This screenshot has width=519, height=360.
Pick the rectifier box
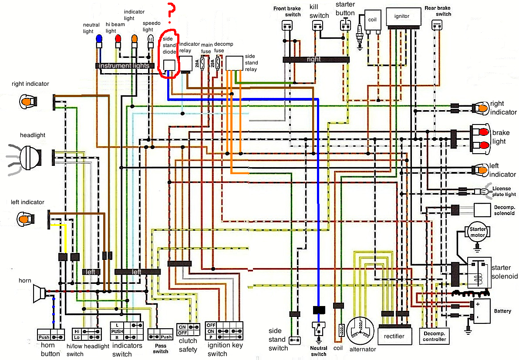click(x=394, y=336)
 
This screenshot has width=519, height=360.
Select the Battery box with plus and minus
click(x=481, y=310)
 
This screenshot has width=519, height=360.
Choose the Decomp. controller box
click(x=435, y=336)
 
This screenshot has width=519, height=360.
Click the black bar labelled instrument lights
click(x=124, y=66)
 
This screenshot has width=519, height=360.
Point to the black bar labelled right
click(x=316, y=59)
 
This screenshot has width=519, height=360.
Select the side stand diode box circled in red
click(x=169, y=65)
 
